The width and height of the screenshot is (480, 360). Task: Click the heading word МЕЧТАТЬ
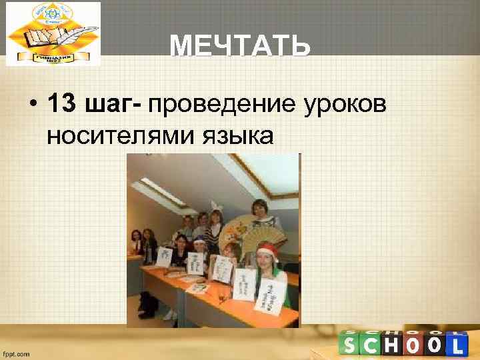[239, 47]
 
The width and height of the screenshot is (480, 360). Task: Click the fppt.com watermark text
[17, 354]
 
